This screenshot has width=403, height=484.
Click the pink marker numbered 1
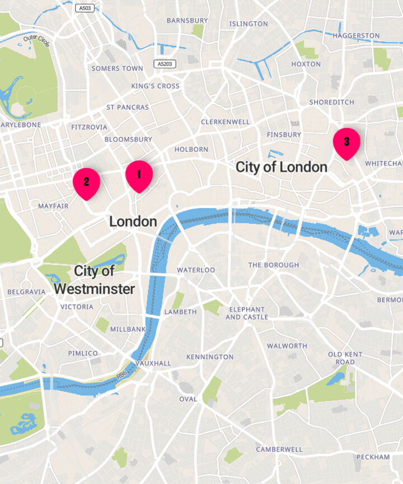coord(139,175)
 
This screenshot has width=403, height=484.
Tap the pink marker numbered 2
coord(86,183)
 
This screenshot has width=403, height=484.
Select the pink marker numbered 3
coord(346,143)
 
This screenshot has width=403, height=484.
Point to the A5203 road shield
coord(165,64)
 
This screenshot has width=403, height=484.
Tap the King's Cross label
coord(155,86)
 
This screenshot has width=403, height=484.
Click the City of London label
coord(281,167)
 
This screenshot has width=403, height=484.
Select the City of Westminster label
coord(95,280)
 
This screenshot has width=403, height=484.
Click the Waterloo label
coord(196,270)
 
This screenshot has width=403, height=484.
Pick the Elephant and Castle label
coord(246,313)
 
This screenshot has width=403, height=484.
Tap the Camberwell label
coord(279,449)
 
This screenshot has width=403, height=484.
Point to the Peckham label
coord(373,457)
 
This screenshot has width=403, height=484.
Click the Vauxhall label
coord(153,363)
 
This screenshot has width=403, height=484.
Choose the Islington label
coord(249,24)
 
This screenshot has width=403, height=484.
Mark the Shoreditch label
coord(331,102)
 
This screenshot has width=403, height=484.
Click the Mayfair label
coord(53,206)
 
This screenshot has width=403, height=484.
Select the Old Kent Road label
coord(345,358)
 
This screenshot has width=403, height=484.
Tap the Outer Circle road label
coord(36,41)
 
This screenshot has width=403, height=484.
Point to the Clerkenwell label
coord(225,121)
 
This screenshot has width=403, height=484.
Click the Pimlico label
coord(83,353)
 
